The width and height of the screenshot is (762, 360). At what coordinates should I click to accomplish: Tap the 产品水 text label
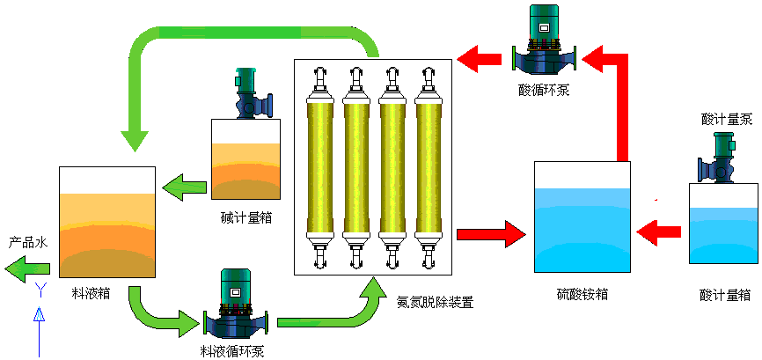coord(27,240)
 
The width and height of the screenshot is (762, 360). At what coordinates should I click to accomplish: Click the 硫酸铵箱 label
coord(582,293)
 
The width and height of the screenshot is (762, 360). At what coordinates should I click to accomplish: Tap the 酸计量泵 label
coord(726,120)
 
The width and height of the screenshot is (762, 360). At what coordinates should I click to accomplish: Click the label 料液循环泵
coord(232,350)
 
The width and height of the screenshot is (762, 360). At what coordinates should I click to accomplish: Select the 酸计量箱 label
coord(725,294)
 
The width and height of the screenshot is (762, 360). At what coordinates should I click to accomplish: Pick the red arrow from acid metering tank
coord(659,232)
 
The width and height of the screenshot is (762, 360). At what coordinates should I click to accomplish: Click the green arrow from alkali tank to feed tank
coord(183,186)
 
